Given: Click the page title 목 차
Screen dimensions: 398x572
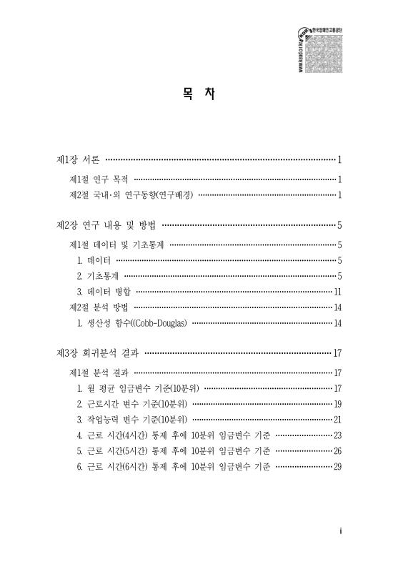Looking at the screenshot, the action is click(199, 94).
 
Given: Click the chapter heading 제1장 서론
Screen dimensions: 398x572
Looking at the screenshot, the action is click(79, 159).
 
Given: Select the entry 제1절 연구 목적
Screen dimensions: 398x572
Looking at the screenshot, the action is click(99, 179).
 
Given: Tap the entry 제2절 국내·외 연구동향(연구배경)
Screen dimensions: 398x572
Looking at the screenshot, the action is click(131, 194).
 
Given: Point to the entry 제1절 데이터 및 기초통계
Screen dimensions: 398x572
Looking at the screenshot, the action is click(116, 245).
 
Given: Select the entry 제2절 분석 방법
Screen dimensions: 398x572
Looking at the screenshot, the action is click(99, 307).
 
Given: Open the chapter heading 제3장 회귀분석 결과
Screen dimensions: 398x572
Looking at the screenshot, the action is click(96, 353).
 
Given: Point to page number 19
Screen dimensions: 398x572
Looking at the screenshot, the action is click(338, 404).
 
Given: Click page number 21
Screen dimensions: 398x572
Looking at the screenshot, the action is click(338, 420).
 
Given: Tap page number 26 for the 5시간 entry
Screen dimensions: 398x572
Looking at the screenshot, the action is click(338, 451).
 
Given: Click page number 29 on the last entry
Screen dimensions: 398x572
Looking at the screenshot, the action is click(338, 467).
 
